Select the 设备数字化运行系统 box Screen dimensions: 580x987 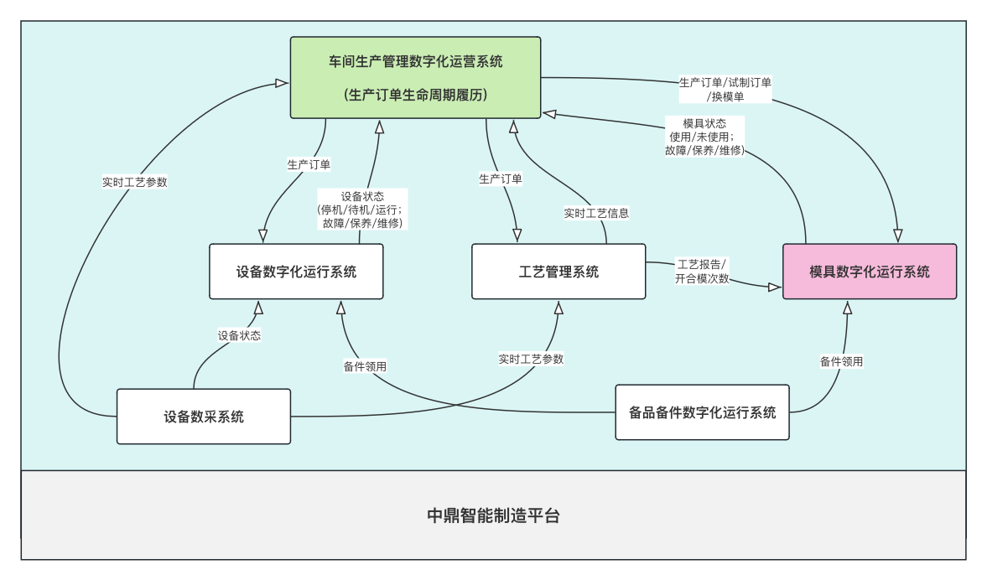coord(296,272)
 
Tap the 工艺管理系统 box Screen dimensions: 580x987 coord(558,272)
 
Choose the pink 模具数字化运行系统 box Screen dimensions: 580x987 coord(870,272)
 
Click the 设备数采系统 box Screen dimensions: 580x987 coord(204,417)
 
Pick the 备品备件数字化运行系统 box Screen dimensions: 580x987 coord(703,412)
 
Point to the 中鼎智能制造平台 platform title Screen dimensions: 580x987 coord(493,515)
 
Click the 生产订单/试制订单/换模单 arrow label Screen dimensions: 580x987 coord(725,89)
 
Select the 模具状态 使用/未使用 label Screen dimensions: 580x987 coord(704,137)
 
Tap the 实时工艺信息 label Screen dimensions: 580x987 coord(596,213)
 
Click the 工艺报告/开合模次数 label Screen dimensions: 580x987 coord(702,272)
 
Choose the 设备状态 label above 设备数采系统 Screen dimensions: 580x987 coord(239,335)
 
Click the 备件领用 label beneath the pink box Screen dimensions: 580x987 coord(841,361)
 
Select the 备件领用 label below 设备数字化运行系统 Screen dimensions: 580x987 coord(365,366)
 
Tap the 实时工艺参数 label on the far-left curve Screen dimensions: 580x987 coord(135,182)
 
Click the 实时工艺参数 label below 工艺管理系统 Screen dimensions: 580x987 coord(531,359)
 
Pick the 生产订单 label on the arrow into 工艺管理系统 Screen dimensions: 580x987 coord(501,179)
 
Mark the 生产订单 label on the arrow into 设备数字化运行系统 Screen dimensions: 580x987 coord(309,164)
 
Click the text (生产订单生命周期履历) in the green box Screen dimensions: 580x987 coord(415,95)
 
